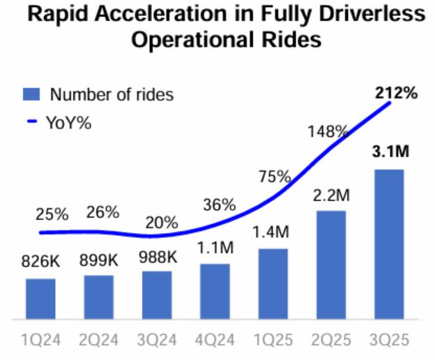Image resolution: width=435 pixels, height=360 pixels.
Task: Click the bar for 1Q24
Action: [40, 299]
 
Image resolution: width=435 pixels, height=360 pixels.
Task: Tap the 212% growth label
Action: [396, 91]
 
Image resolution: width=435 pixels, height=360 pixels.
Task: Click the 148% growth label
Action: [327, 131]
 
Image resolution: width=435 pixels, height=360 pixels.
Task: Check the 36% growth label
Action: [219, 206]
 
